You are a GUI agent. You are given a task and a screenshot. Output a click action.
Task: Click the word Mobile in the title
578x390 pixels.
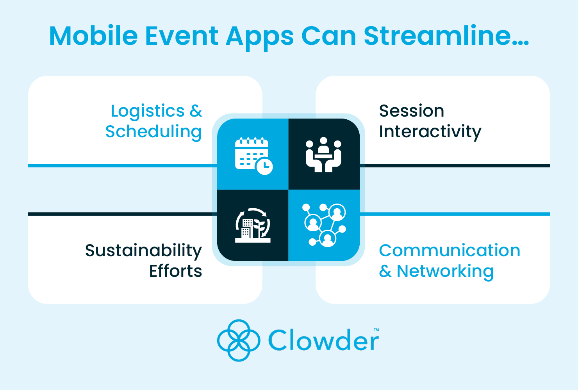pos(93,36)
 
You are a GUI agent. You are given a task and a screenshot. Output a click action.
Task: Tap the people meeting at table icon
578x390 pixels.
pos(323,154)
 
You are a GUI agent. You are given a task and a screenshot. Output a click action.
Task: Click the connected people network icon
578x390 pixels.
pos(324,225)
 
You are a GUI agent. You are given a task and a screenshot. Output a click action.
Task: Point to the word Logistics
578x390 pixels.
pos(147,112)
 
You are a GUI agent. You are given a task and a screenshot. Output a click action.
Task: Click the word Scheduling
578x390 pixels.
pos(153,132)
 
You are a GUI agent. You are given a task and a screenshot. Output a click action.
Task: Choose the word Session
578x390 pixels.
pos(411,111)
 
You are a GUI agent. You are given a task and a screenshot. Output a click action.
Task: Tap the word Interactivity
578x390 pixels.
pos(430,132)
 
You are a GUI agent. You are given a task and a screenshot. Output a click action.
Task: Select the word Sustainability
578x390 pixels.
pos(143,251)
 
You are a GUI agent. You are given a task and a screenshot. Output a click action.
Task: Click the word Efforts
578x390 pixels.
pos(175,271)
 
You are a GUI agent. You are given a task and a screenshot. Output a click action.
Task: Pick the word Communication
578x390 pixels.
pos(450,251)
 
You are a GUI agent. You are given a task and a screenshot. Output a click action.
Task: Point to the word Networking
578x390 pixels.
pos(445,271)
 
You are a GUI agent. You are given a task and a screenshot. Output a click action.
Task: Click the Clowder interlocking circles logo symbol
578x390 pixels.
pos(238,340)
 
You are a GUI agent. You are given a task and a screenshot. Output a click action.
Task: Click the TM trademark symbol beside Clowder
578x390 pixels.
pos(376,330)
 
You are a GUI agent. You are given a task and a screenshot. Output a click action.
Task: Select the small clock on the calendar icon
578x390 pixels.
pos(264,166)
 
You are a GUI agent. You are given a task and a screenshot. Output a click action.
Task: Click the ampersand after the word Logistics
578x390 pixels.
pos(196,112)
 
